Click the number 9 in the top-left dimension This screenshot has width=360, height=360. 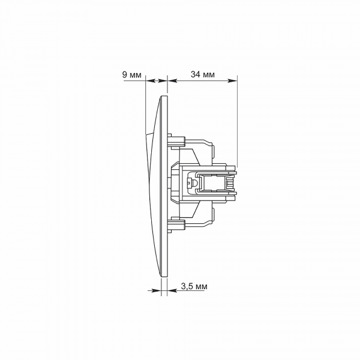(125, 75)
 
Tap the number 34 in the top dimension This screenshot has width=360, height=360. (196, 74)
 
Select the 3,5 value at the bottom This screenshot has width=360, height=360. (187, 286)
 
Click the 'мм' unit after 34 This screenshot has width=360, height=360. (209, 75)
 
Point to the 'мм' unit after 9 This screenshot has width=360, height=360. (136, 76)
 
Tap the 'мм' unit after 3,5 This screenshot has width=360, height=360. (201, 287)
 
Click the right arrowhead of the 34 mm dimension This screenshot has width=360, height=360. (232, 80)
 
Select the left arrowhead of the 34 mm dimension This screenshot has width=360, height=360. (173, 80)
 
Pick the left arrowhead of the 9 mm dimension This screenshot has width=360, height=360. (151, 80)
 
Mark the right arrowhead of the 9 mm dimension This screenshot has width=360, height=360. (163, 80)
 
